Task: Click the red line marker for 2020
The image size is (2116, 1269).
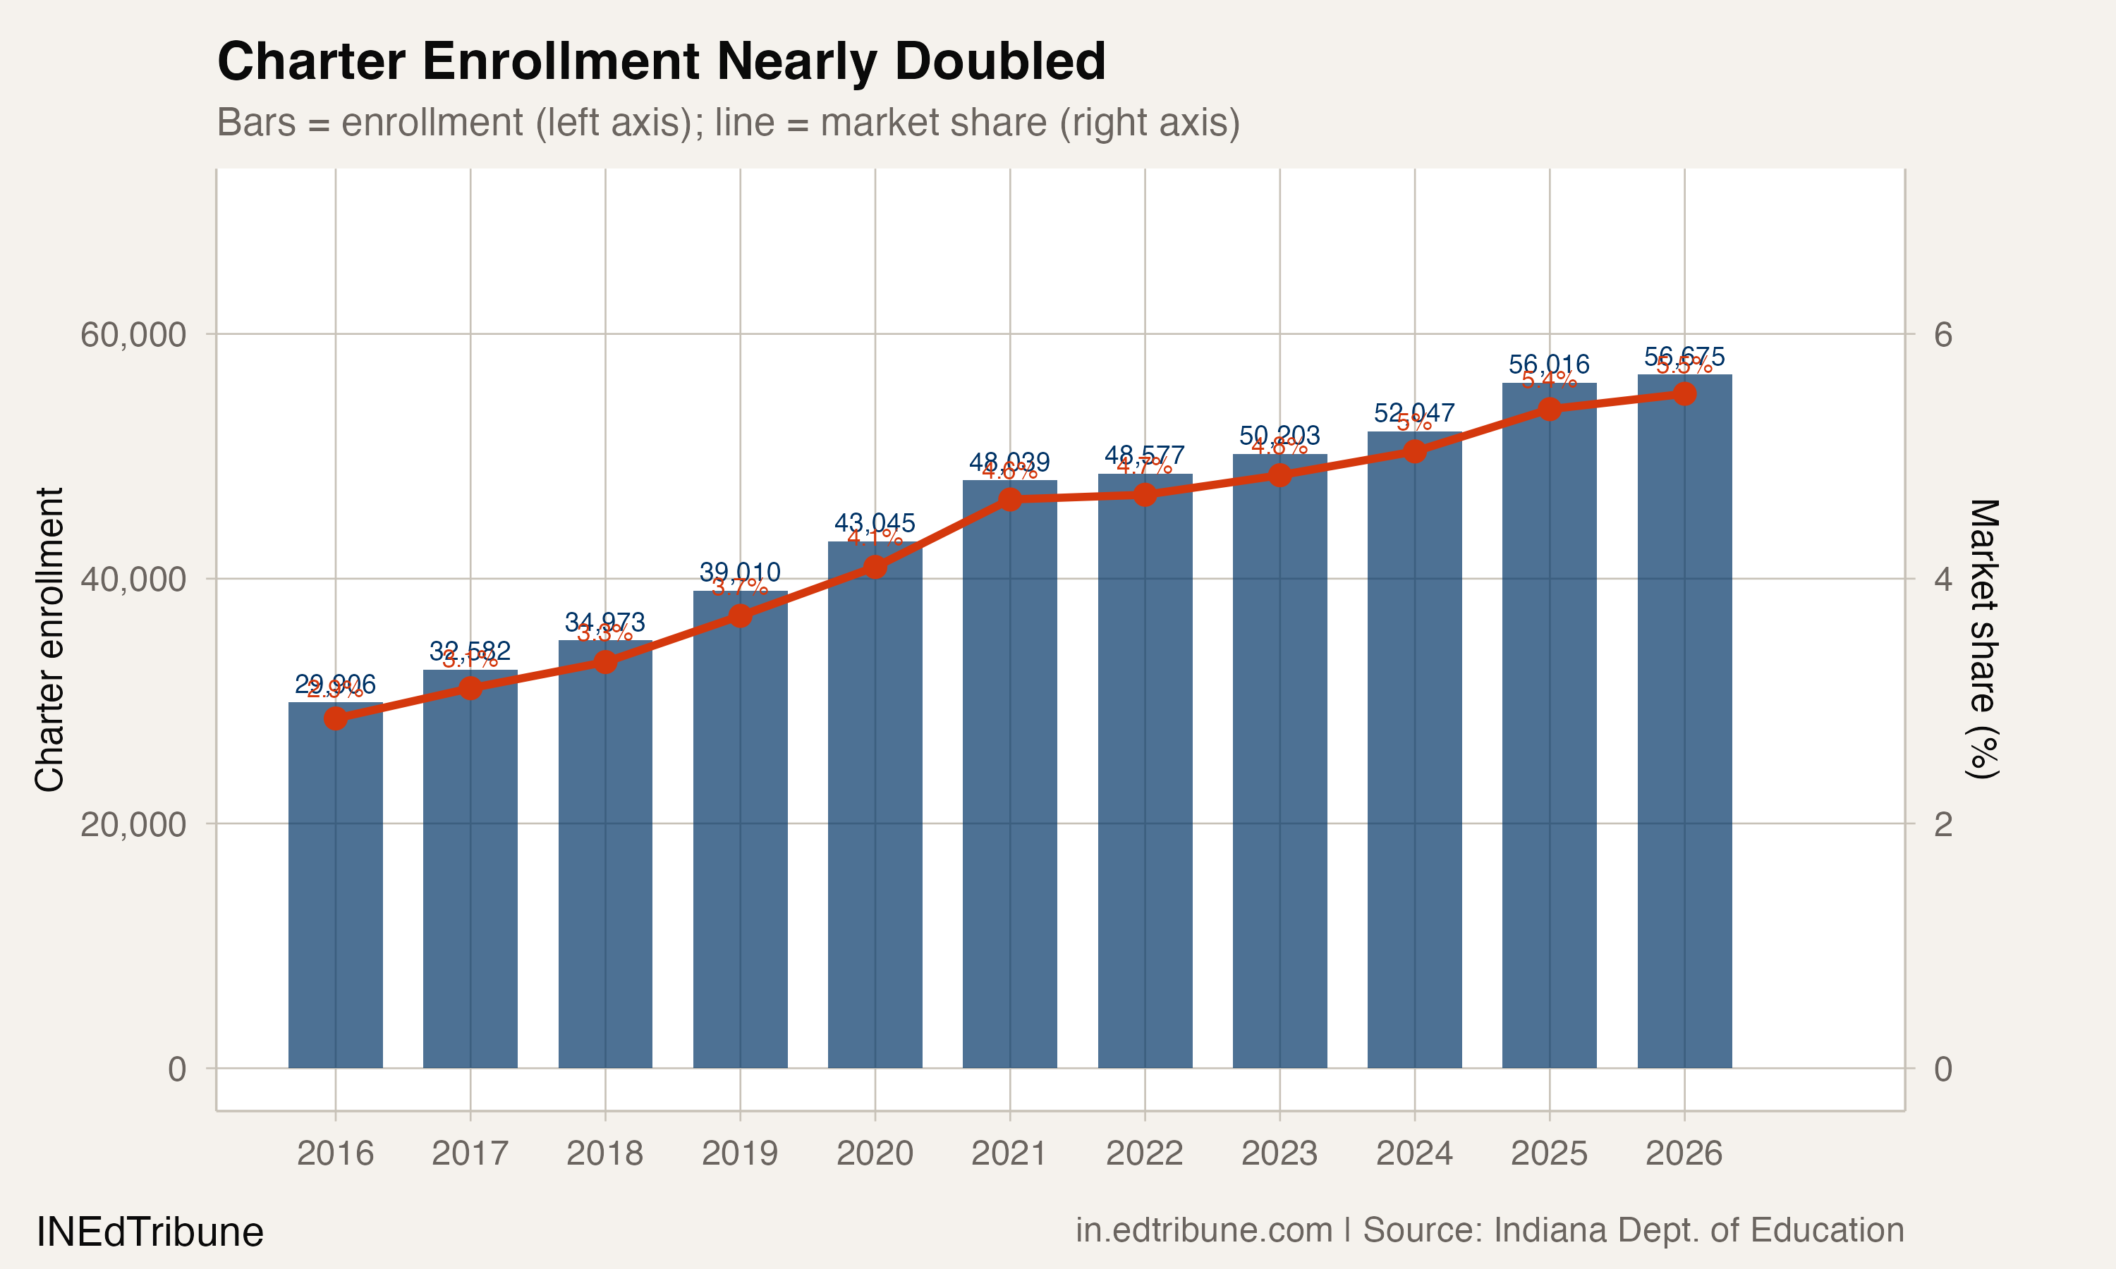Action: pos(875,567)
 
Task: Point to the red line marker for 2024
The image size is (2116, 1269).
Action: pos(1415,451)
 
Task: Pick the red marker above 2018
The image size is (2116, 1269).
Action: pos(606,662)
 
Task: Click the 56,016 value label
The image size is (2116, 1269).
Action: pos(1549,364)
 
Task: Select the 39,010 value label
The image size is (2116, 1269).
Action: pos(740,572)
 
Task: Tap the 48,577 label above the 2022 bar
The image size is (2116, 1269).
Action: pos(1144,455)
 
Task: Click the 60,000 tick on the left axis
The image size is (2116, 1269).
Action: pos(133,334)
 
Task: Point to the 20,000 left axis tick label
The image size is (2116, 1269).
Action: pos(133,824)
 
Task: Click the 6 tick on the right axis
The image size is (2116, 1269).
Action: pos(1942,334)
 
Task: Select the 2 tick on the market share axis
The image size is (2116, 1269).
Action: pos(1942,824)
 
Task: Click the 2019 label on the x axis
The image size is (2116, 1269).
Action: pos(740,1153)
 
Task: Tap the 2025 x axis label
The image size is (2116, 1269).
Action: pos(1549,1153)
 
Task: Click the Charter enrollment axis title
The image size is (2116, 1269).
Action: pos(49,639)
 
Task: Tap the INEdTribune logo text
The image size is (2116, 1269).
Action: pos(150,1232)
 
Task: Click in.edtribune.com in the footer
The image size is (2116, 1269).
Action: pos(1203,1230)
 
